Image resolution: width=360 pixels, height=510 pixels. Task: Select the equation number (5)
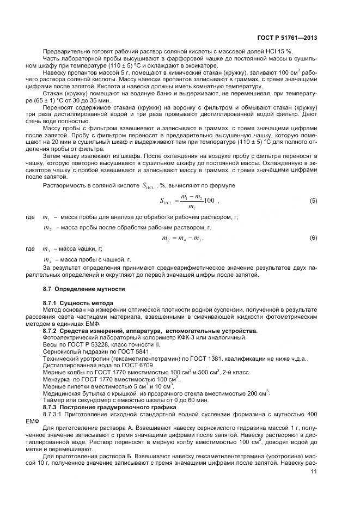(x=313, y=201)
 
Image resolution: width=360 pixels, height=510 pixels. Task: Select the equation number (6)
(x=313, y=238)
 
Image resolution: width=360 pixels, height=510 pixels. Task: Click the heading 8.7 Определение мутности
(x=84, y=288)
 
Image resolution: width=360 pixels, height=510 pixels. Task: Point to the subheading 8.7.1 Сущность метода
(x=78, y=302)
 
